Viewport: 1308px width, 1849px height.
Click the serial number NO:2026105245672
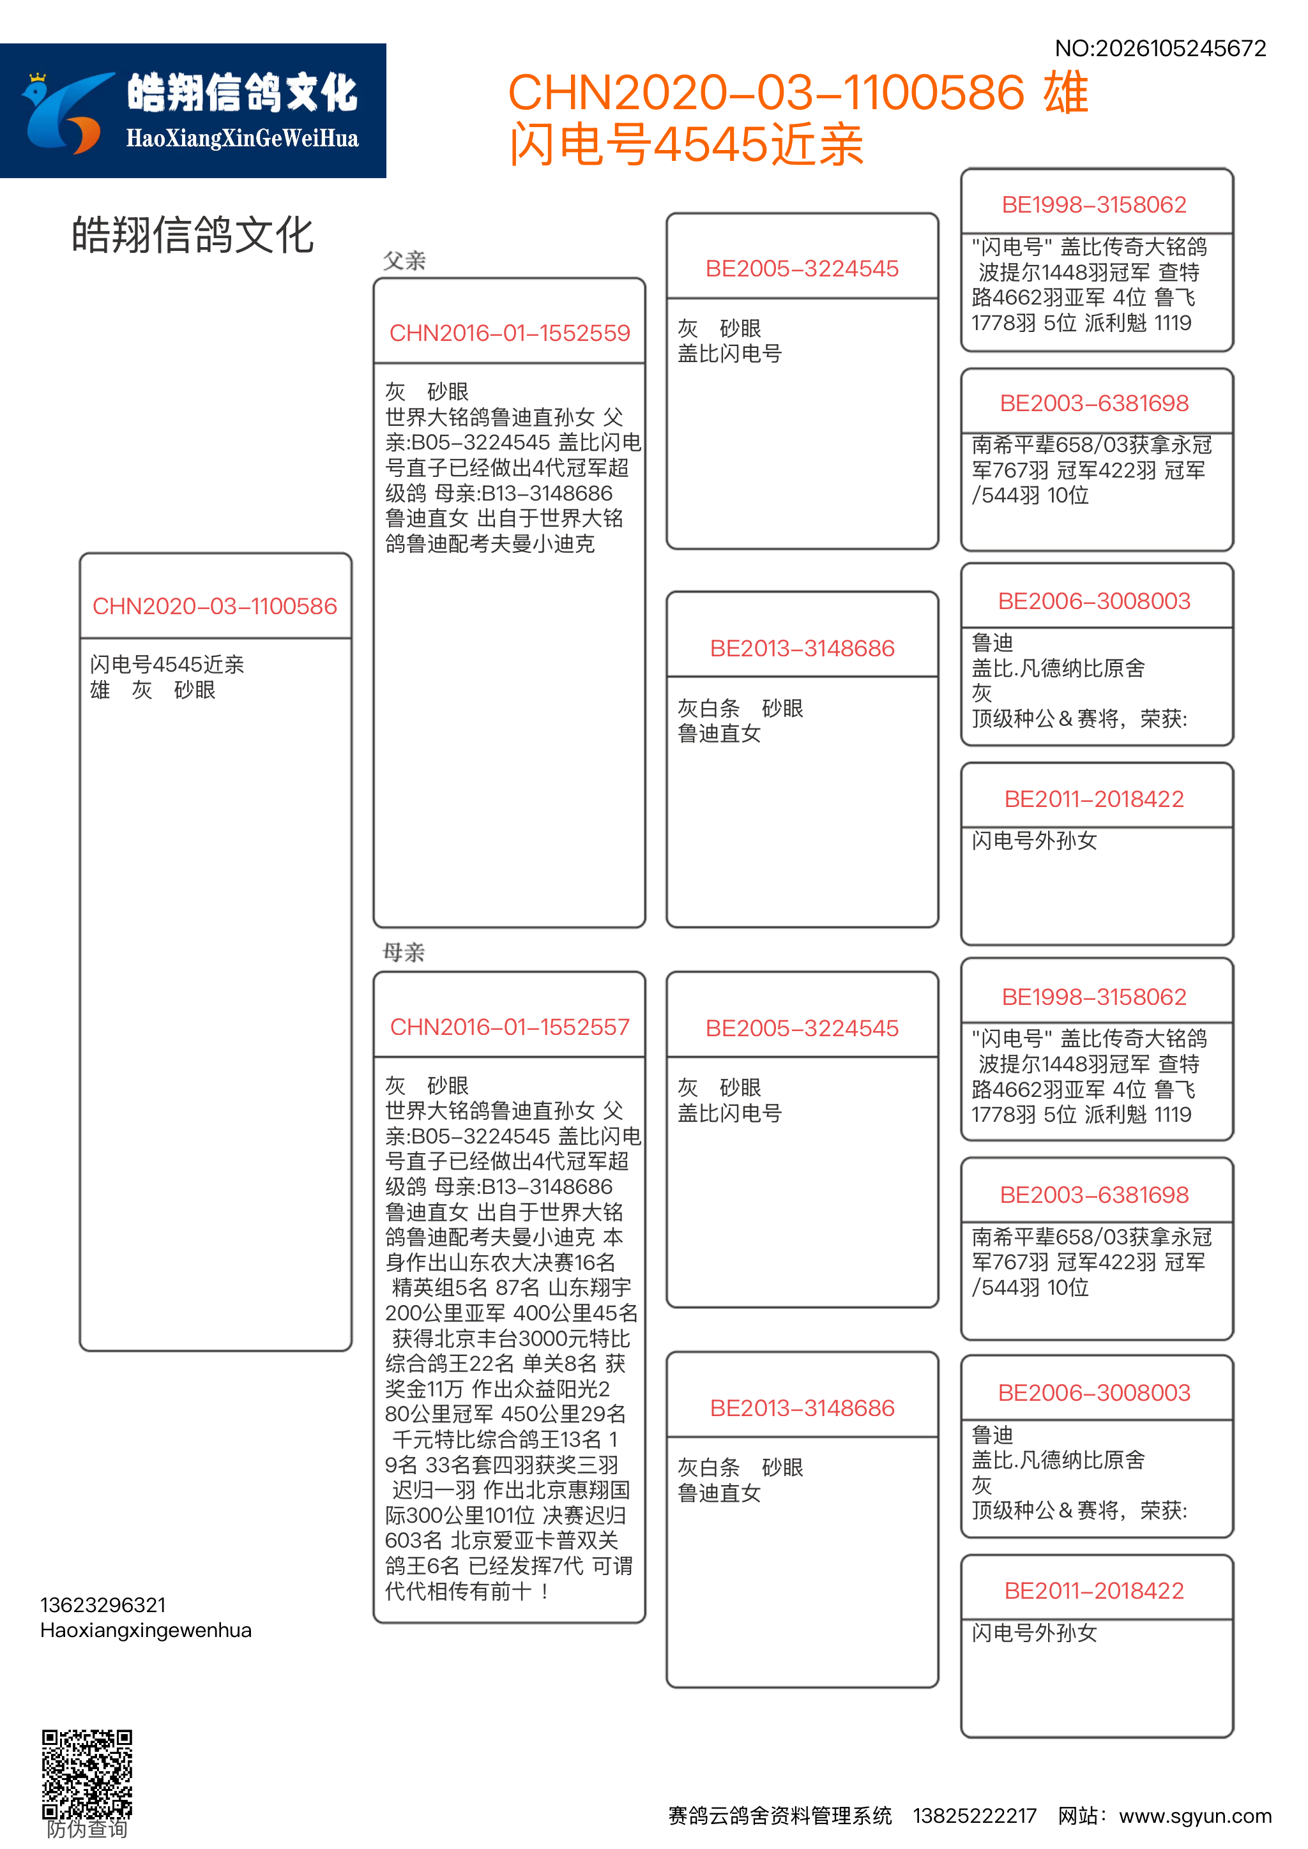click(x=1160, y=49)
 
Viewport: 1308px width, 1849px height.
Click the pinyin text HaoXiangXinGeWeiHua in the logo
click(x=241, y=139)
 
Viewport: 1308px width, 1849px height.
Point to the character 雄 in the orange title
click(x=1065, y=93)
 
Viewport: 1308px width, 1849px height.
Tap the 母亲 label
click(x=404, y=953)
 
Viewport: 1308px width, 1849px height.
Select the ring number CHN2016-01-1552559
click(x=509, y=333)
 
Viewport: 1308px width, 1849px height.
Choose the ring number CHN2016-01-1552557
click(x=509, y=1027)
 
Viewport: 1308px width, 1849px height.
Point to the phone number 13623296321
click(x=103, y=1605)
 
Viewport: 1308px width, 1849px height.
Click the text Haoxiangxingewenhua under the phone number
click(x=146, y=1630)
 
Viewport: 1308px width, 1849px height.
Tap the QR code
click(x=87, y=1772)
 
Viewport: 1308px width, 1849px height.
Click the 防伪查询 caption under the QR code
click(x=87, y=1829)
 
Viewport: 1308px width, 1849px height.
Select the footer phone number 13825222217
click(x=974, y=1816)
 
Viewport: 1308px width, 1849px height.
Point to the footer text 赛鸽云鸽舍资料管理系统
click(x=780, y=1816)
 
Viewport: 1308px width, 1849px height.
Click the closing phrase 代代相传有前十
click(x=459, y=1591)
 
